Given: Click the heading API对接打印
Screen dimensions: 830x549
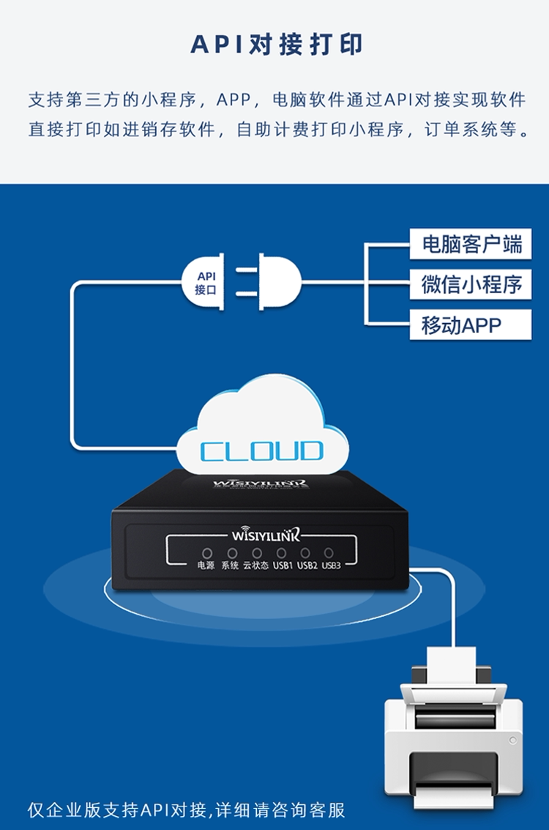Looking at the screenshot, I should (276, 45).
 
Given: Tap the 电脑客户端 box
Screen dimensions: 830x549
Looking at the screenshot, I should (471, 244).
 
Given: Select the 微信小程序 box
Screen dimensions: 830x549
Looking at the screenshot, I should (471, 284).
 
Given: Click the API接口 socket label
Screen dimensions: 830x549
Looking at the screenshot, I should (206, 282).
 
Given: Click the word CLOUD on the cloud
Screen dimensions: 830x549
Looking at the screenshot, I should (261, 451).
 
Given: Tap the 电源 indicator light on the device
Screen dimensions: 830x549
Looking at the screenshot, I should (207, 552).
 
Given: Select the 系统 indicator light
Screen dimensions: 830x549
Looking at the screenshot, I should (232, 552).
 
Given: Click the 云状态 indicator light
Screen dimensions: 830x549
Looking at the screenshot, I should (256, 552).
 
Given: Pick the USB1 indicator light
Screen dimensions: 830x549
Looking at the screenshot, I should (281, 552).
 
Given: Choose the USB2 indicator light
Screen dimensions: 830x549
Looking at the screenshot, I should (305, 552).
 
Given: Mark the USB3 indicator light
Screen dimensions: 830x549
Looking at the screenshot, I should (329, 552).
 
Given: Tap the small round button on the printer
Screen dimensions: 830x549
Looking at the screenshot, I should (513, 741).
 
